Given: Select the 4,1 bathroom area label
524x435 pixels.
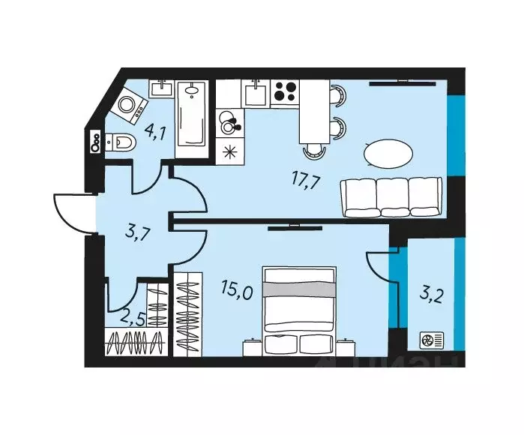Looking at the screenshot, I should pos(155,133).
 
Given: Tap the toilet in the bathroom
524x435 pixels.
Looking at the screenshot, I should pos(120,142).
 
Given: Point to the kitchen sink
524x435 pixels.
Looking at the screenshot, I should pos(255,94).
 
